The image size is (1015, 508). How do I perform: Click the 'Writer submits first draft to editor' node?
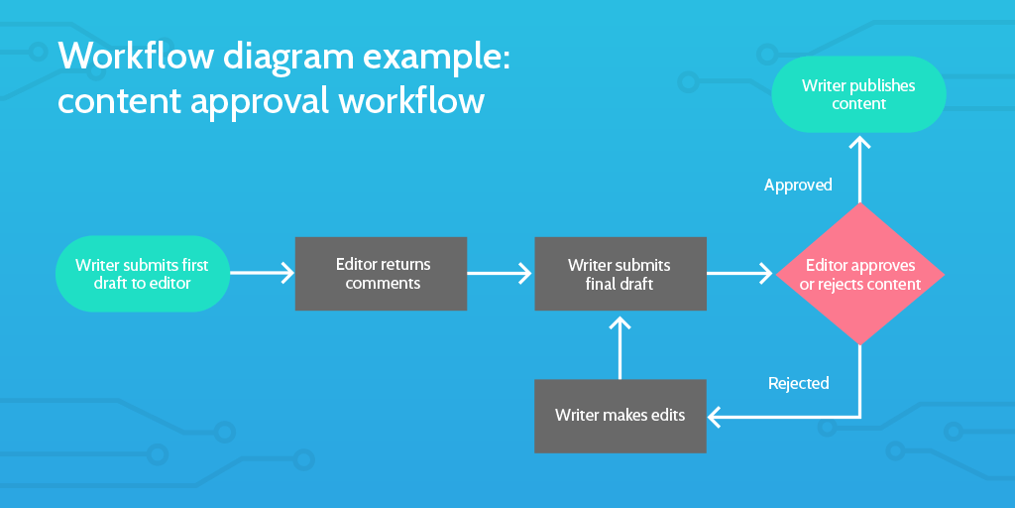(x=143, y=274)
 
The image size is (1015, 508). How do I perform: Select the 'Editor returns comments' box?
(x=381, y=274)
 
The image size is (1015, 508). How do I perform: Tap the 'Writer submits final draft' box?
(x=620, y=274)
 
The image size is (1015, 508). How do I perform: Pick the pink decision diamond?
(x=859, y=274)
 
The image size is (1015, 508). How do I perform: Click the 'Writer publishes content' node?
(x=858, y=94)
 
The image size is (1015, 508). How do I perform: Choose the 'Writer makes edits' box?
(x=620, y=416)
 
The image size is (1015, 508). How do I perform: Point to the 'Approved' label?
(x=798, y=185)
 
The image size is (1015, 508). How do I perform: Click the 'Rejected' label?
(x=798, y=383)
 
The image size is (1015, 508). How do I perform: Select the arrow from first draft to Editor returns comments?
(x=263, y=272)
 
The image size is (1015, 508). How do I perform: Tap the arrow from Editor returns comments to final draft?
(x=501, y=272)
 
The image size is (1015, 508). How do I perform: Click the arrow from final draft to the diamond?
(x=739, y=272)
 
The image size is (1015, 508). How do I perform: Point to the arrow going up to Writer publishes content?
(x=859, y=169)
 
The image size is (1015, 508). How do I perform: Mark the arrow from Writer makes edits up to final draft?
(x=620, y=347)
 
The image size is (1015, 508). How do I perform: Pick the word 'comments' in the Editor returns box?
(x=383, y=284)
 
